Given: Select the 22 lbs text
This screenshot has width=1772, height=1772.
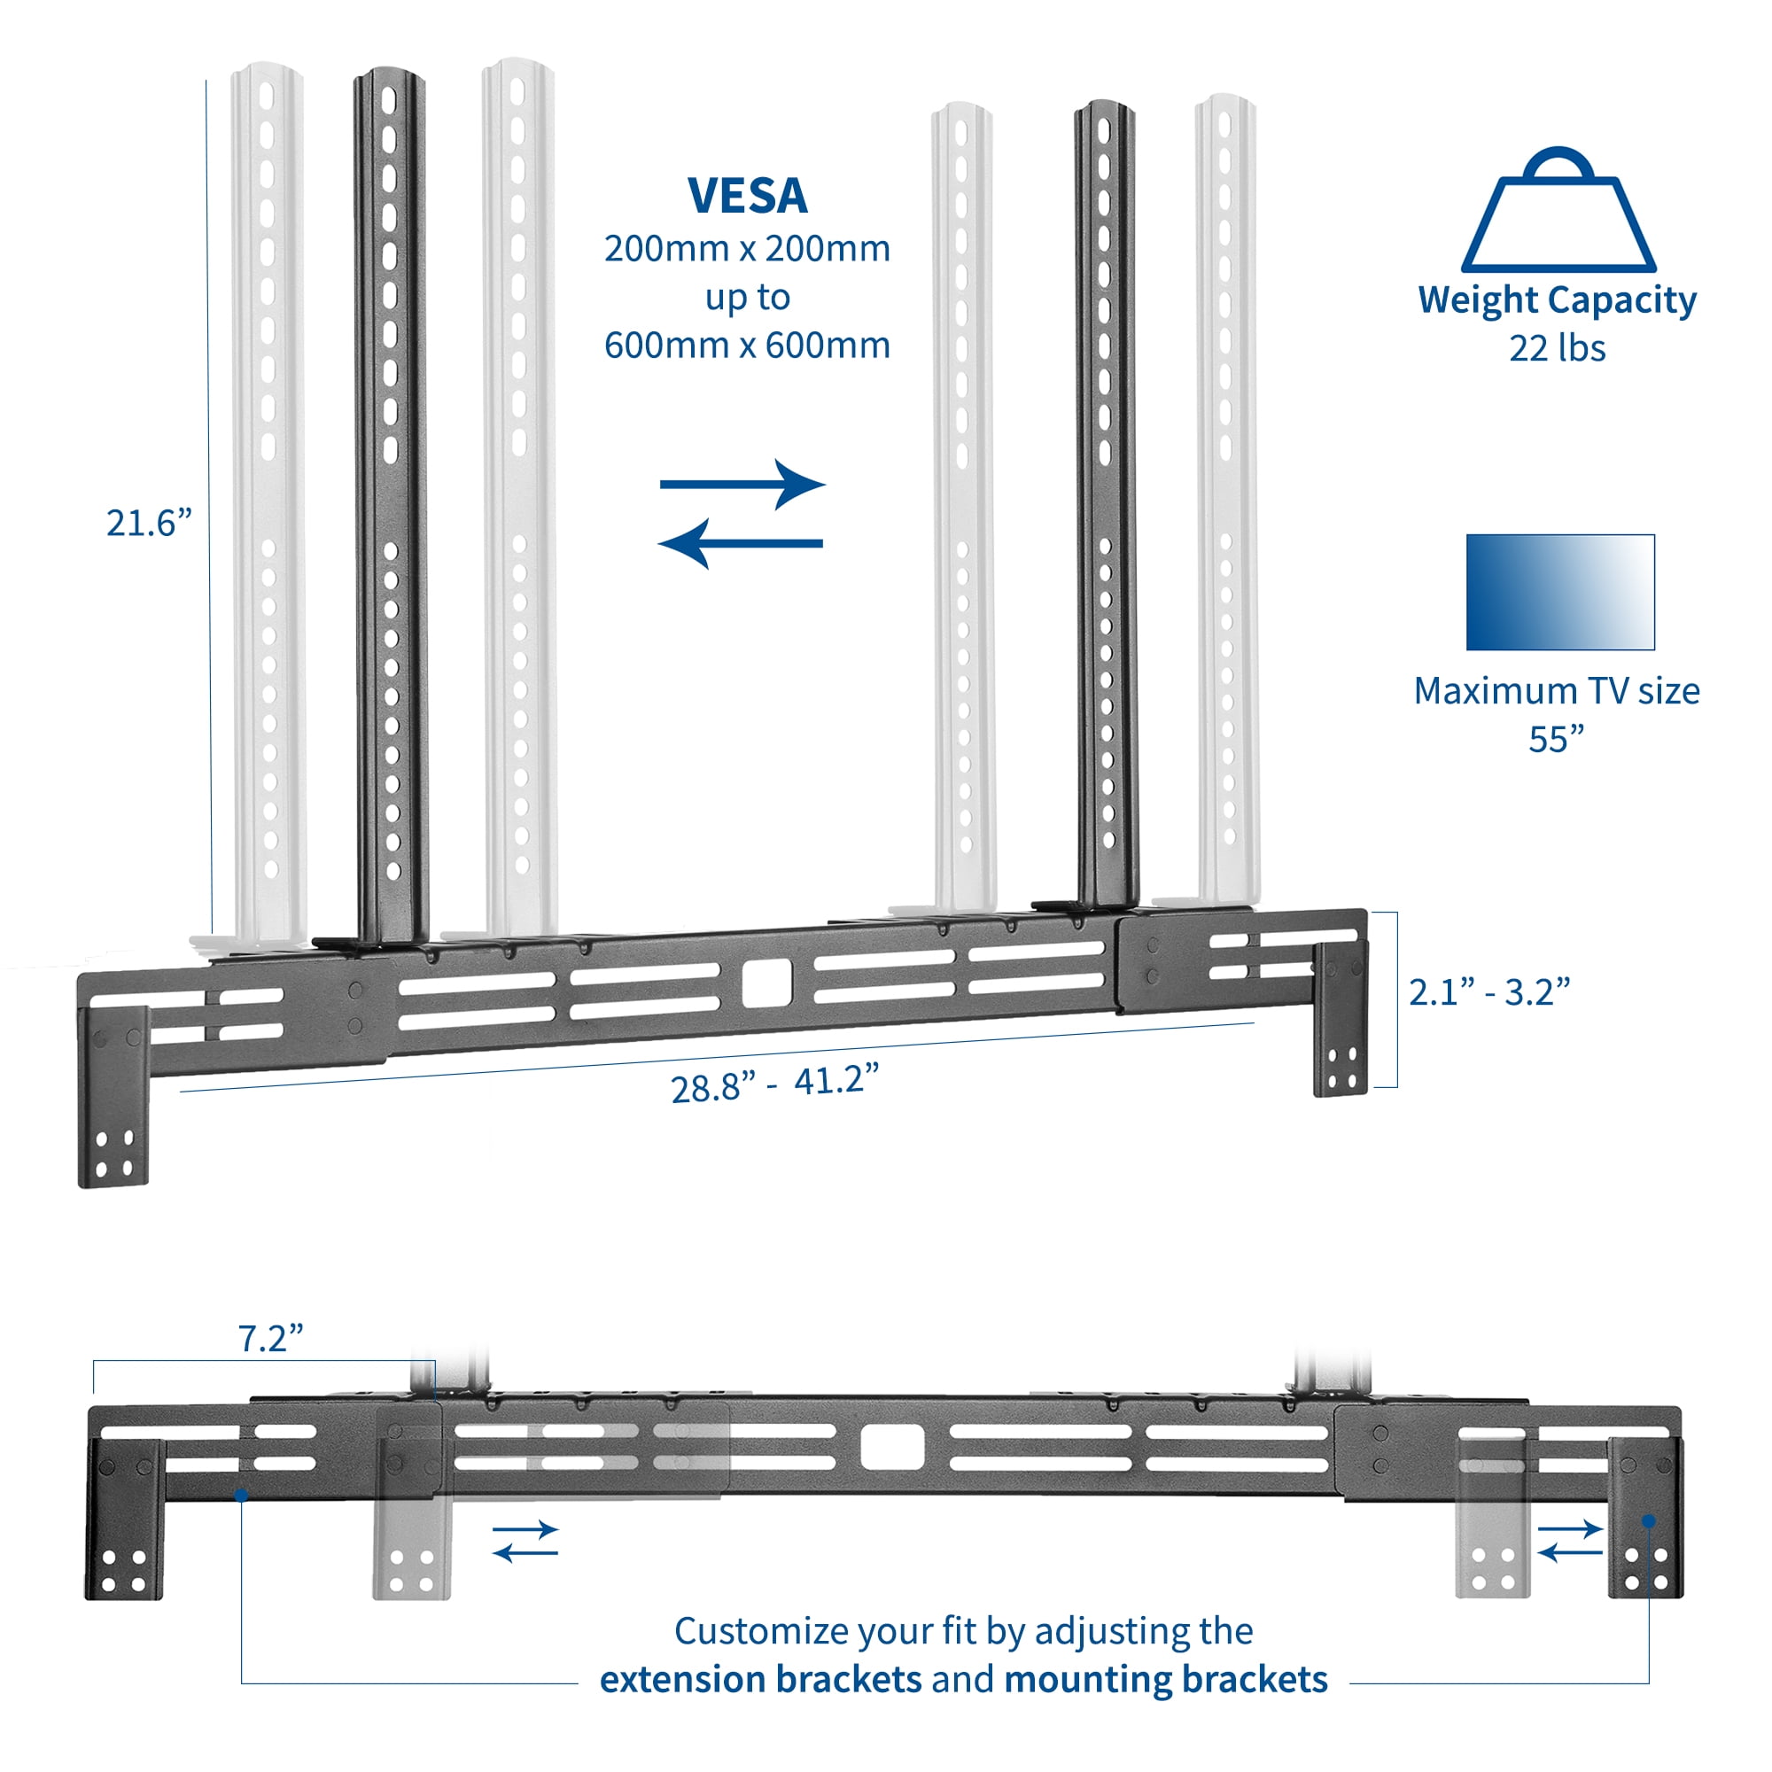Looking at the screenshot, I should tap(1557, 348).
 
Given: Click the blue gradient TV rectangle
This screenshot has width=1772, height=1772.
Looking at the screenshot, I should tap(1559, 593).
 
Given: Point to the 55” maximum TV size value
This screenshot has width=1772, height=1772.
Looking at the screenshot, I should tap(1556, 739).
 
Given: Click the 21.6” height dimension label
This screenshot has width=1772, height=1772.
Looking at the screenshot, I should tap(149, 523).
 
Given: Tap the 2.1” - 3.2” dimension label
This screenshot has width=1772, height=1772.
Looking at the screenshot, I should tap(1488, 991).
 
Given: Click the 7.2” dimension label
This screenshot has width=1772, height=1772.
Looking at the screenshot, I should tap(269, 1339).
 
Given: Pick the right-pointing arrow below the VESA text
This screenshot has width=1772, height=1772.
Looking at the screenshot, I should tap(743, 485).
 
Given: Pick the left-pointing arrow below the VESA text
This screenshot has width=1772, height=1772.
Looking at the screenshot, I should tap(741, 543).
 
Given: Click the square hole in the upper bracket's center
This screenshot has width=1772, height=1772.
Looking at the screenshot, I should tap(766, 983).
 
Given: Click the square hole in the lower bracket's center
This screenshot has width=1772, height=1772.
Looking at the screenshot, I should tap(891, 1448).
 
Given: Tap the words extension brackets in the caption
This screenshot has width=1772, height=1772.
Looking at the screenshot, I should tap(760, 1679).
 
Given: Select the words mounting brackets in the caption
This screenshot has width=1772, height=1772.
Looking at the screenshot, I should tap(1166, 1679).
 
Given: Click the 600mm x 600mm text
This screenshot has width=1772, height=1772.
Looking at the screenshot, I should tap(747, 345).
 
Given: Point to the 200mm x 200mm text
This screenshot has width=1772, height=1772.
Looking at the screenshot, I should tap(747, 249).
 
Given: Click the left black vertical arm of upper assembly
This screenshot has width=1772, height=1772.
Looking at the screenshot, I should tap(391, 504).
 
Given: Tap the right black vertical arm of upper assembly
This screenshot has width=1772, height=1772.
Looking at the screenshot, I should tap(1106, 504).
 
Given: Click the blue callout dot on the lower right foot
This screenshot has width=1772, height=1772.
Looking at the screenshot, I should tap(1648, 1520).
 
